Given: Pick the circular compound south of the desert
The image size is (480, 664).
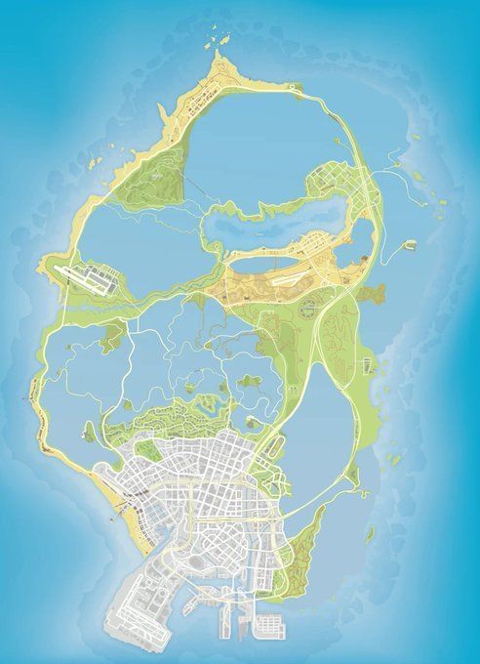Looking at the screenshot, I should click(x=308, y=311).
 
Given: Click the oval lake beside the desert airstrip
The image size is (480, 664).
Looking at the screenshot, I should click(x=259, y=263).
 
